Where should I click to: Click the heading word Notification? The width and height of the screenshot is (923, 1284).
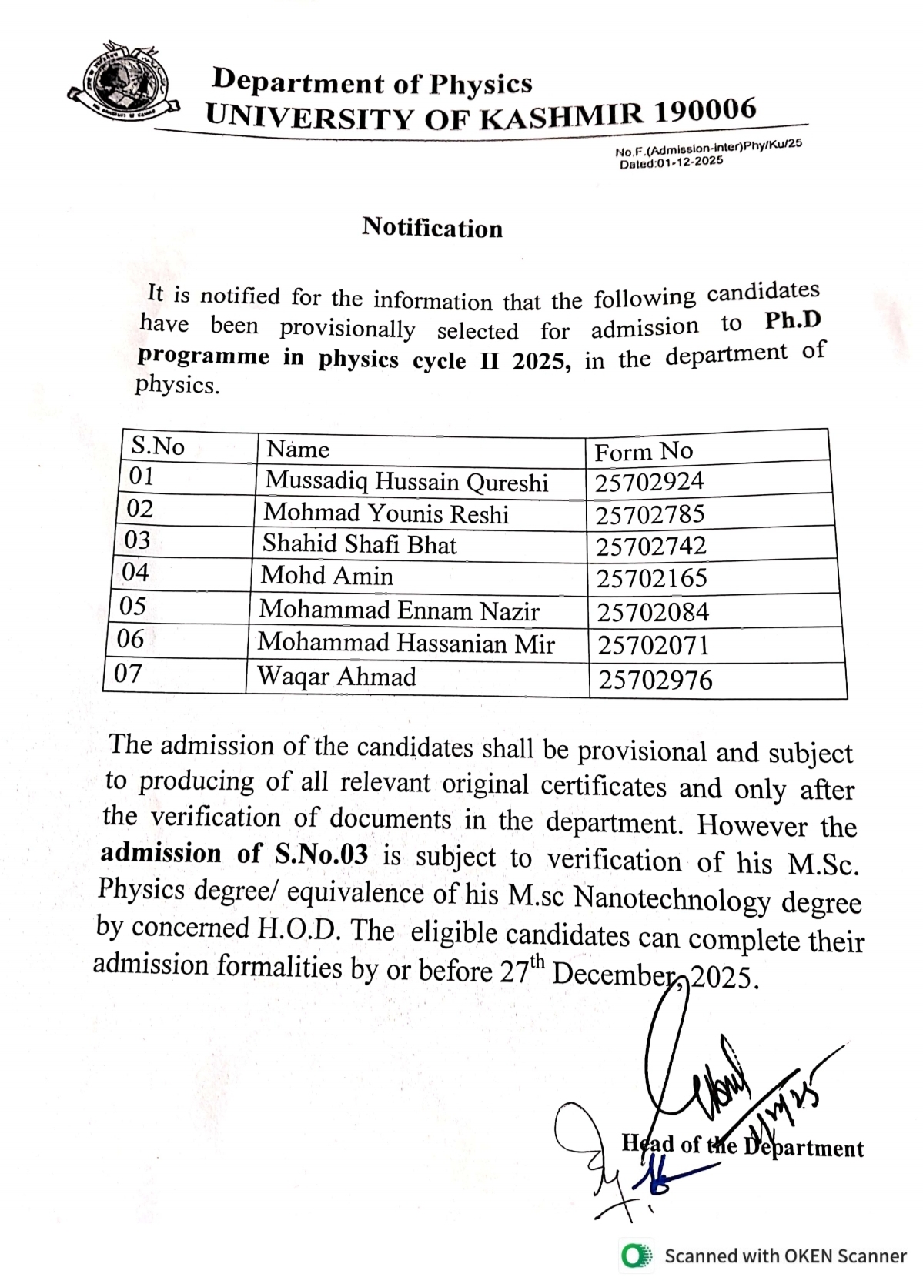coord(432,228)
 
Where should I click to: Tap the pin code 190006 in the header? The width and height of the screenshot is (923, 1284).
coord(705,111)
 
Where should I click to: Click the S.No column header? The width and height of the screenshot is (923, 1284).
coord(158,446)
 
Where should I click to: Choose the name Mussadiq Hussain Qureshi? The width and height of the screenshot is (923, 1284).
coord(406,482)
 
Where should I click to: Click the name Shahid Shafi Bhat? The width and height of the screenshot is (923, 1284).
coord(360,544)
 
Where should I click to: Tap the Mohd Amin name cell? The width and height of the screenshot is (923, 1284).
coord(327,576)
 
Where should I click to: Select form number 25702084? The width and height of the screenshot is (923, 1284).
coord(653,613)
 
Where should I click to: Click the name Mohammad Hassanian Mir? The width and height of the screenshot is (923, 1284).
coord(406,643)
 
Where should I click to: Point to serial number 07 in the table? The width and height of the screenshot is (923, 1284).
coord(128,674)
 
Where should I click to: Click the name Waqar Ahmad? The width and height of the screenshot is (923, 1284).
coord(336,677)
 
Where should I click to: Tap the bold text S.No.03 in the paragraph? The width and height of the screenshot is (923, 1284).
coord(321,854)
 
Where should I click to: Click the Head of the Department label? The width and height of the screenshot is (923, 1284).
coord(742,1146)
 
